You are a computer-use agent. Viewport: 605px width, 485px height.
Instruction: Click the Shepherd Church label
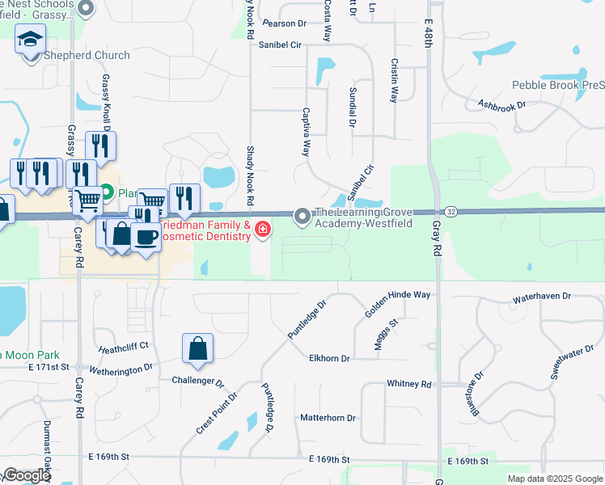[x=87, y=55]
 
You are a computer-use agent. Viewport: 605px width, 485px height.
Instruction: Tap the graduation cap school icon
[x=31, y=39]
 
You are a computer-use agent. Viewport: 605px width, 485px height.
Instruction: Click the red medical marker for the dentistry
[x=262, y=230]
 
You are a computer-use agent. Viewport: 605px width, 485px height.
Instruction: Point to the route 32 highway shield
[x=451, y=211]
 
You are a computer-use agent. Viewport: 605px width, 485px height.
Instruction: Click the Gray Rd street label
[x=436, y=240]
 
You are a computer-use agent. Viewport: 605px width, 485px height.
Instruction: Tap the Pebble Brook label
[x=557, y=85]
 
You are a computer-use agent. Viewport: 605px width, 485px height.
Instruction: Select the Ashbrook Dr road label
[x=501, y=104]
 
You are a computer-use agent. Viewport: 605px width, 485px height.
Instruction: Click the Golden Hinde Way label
[x=398, y=295]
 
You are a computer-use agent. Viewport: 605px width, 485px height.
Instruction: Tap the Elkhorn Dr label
[x=329, y=358]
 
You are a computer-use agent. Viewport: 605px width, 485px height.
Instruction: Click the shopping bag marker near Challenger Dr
[x=197, y=349]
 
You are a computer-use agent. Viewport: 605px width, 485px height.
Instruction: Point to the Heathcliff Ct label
[x=124, y=346]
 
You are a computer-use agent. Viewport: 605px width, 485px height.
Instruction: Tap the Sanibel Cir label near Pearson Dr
[x=280, y=45]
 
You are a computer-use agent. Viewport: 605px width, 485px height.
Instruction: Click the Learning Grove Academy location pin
[x=302, y=216]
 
